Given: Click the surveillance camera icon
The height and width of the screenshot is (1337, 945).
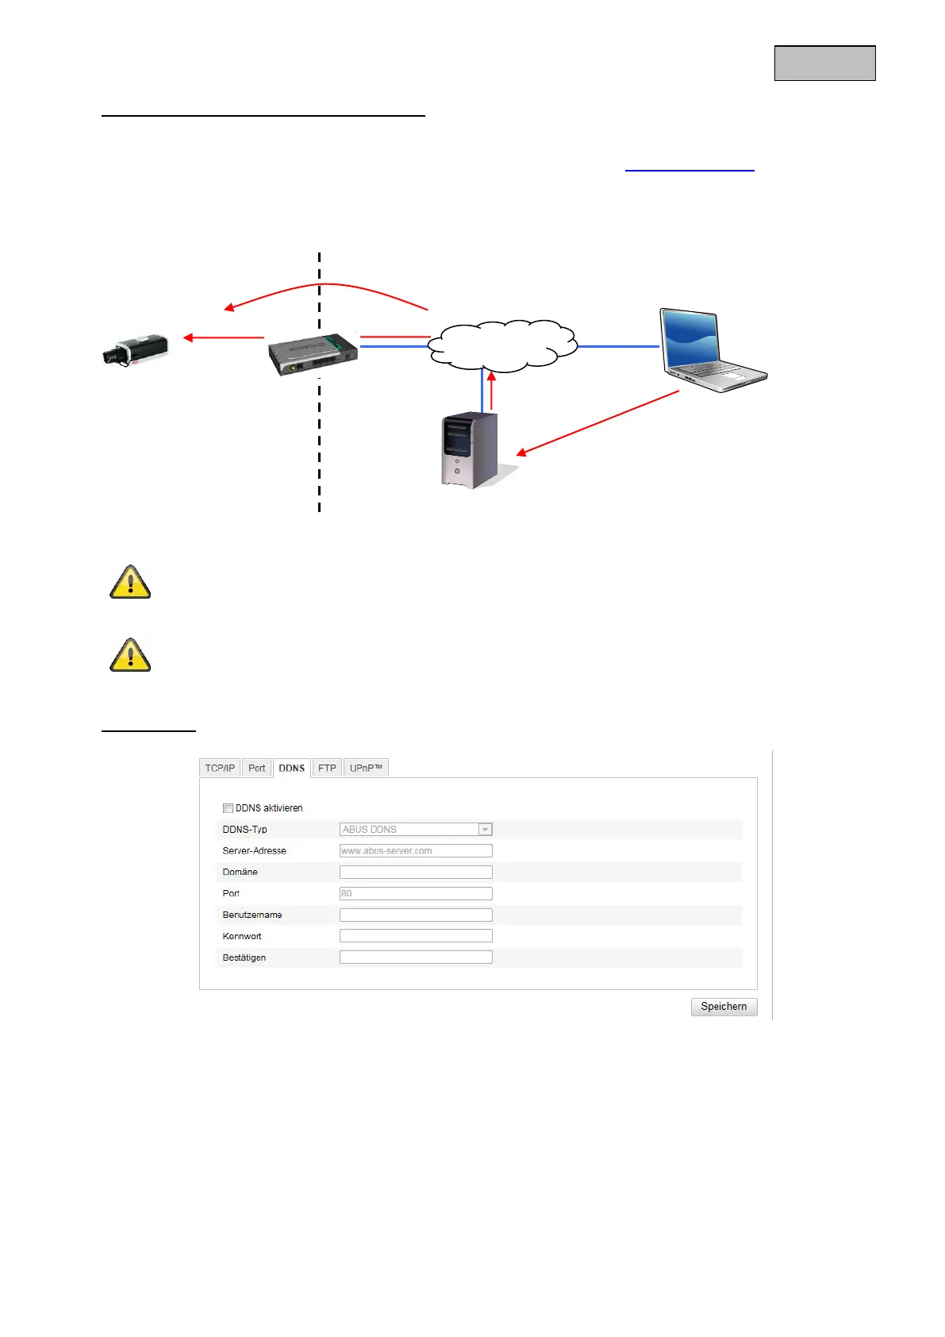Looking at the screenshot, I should pos(136,349).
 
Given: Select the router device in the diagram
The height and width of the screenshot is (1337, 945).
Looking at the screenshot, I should pos(313,354).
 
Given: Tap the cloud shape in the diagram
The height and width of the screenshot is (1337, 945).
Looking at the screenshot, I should pos(502,346).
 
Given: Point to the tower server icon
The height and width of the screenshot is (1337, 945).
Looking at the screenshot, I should pos(470,449).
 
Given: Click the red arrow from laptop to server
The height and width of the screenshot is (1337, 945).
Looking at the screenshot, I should pos(598,422).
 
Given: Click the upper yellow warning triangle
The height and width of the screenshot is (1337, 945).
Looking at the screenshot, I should pos(130,582).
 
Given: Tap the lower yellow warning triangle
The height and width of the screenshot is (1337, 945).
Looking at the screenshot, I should pos(130,655).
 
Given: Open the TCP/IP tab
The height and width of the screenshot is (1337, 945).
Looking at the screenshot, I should pos(220,768).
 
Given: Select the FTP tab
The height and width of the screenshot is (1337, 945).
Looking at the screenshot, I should pos(327,768).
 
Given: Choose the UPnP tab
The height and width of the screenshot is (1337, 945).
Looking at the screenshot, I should pos(366,768).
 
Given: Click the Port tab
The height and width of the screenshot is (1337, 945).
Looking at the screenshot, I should pos(256,768).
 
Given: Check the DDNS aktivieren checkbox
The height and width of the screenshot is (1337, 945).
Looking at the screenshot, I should pos(228,808).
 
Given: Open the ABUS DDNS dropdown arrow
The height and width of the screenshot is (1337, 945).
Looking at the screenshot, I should pos(485,829).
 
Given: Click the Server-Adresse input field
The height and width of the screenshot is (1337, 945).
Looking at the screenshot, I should pos(416,850).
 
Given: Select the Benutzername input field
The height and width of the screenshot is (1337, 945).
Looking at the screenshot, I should pos(416,915).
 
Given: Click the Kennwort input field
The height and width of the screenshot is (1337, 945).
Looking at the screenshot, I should pos(416,936).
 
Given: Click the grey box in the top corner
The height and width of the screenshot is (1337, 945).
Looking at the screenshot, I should pos(824,64).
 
